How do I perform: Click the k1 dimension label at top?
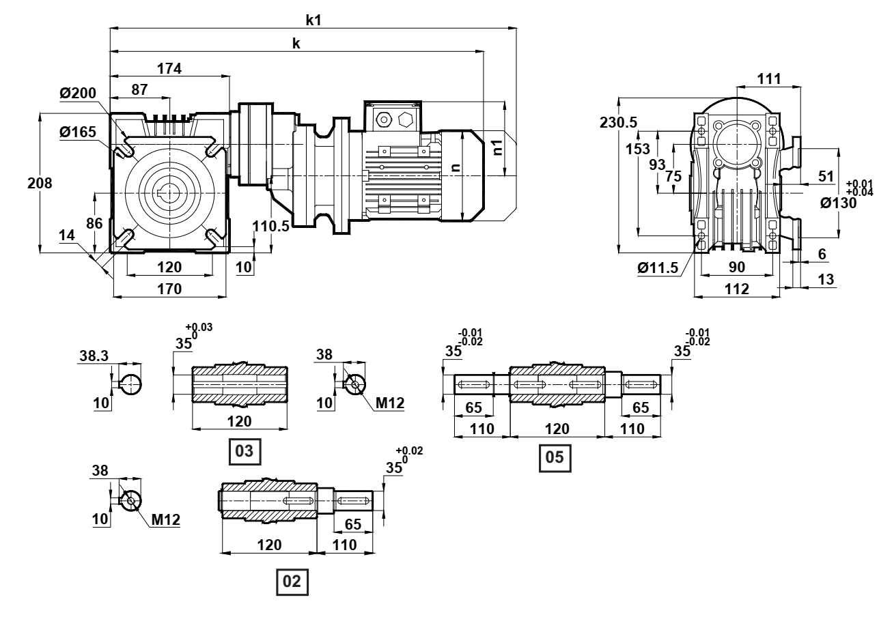point(313,20)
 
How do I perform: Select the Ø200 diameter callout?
point(78,93)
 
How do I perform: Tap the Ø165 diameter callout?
point(78,132)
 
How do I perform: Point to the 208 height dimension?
point(40,183)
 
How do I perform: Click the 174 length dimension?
point(169,69)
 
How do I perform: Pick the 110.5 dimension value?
point(270,226)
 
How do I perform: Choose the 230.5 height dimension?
point(618,122)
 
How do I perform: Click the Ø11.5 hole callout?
point(658,268)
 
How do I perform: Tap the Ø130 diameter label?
point(839,203)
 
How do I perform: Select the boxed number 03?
point(245,451)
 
